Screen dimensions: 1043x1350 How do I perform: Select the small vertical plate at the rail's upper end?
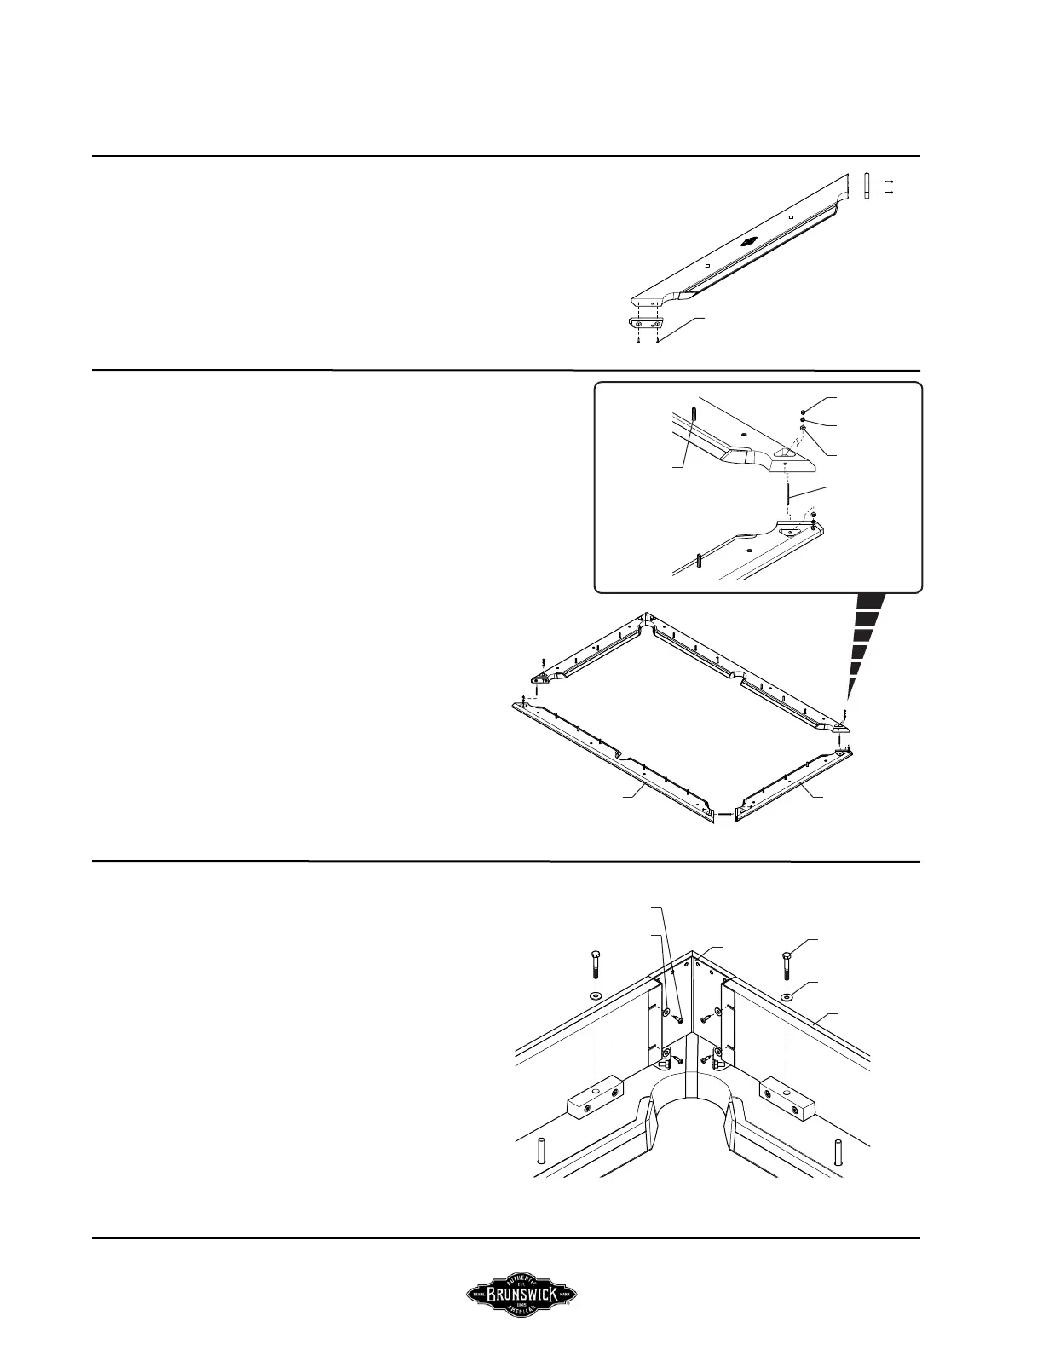coord(867,187)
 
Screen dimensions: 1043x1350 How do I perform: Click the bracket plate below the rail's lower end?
coord(647,324)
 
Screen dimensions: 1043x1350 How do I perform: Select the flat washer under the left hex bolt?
coord(594,995)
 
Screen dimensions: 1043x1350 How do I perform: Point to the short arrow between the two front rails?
coord(723,815)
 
